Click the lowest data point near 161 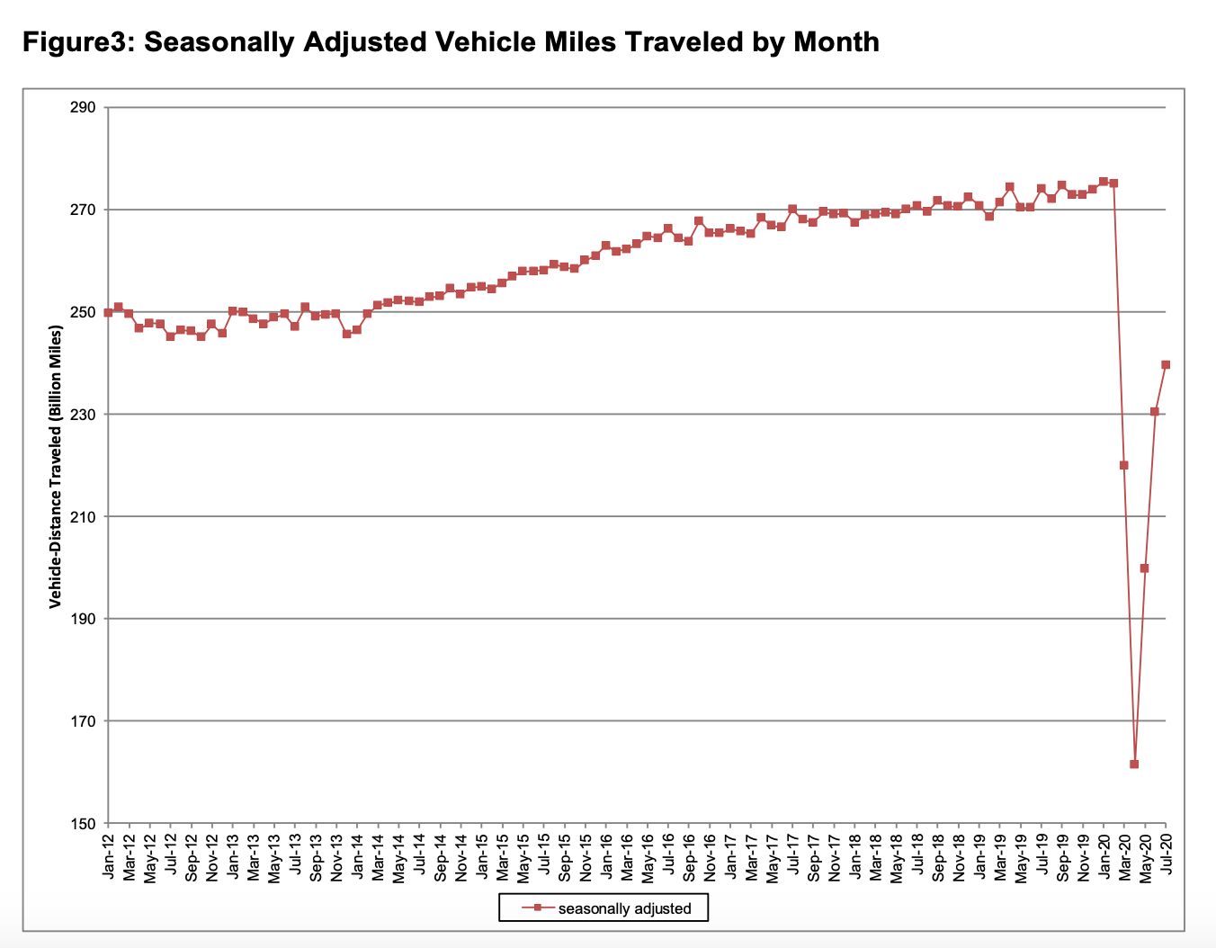1134,765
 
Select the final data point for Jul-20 1166,364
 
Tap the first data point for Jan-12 108,312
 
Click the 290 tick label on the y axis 83,108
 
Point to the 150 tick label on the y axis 83,823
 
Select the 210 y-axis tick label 83,516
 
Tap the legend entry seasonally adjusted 624,908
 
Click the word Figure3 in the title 76,42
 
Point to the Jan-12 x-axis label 109,857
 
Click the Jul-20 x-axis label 1167,857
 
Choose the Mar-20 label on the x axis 1125,857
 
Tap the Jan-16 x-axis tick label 605,857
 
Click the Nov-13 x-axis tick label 336,857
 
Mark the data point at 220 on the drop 1123,465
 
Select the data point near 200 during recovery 1144,568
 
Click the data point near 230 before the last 1155,411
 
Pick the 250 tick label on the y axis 83,312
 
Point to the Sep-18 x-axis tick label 938,857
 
